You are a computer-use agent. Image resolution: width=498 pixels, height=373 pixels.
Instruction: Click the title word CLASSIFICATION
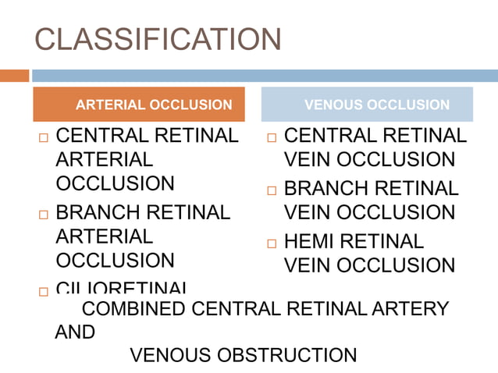point(158,40)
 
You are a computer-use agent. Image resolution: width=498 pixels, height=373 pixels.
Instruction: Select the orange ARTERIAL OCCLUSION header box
point(139,105)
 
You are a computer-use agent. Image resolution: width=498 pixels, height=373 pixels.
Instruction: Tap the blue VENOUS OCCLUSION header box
point(367,105)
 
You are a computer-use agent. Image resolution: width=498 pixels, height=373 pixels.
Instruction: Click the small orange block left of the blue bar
point(14,76)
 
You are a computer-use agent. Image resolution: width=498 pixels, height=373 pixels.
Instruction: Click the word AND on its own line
point(75,332)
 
